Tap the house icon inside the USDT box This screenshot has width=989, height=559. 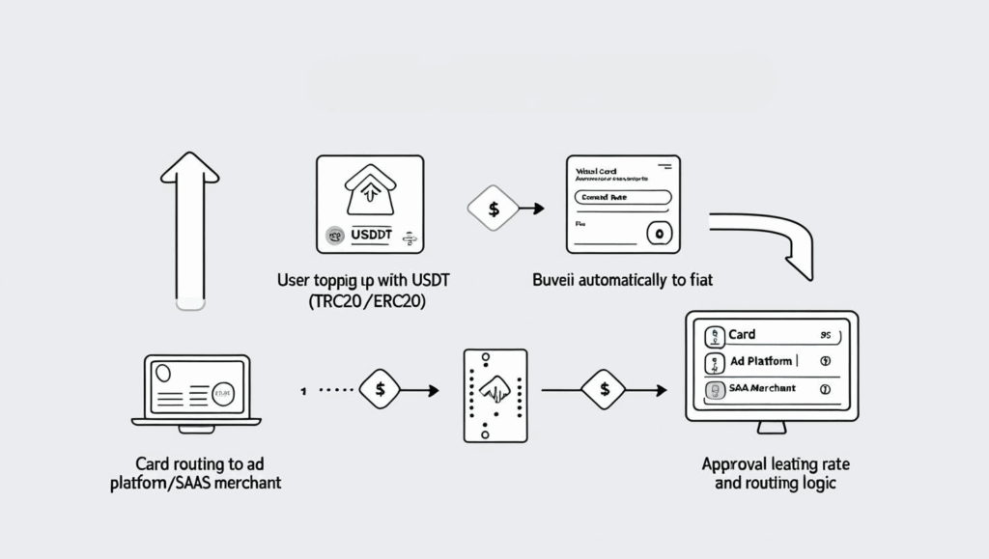pyautogui.click(x=369, y=191)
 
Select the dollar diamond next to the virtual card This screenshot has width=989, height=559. pyautogui.click(x=494, y=208)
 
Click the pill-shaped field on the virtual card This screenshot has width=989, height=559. pyautogui.click(x=622, y=197)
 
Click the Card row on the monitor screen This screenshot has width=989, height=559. pyautogui.click(x=771, y=335)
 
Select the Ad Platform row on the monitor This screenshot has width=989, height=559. pyautogui.click(x=771, y=362)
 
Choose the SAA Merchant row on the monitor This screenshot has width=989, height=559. pyautogui.click(x=771, y=388)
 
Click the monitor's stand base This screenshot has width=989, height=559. pyautogui.click(x=770, y=428)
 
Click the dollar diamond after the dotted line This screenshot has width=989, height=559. pyautogui.click(x=380, y=390)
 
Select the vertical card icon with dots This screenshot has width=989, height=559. pyautogui.click(x=495, y=396)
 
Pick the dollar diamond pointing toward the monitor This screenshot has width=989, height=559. pyautogui.click(x=604, y=390)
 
